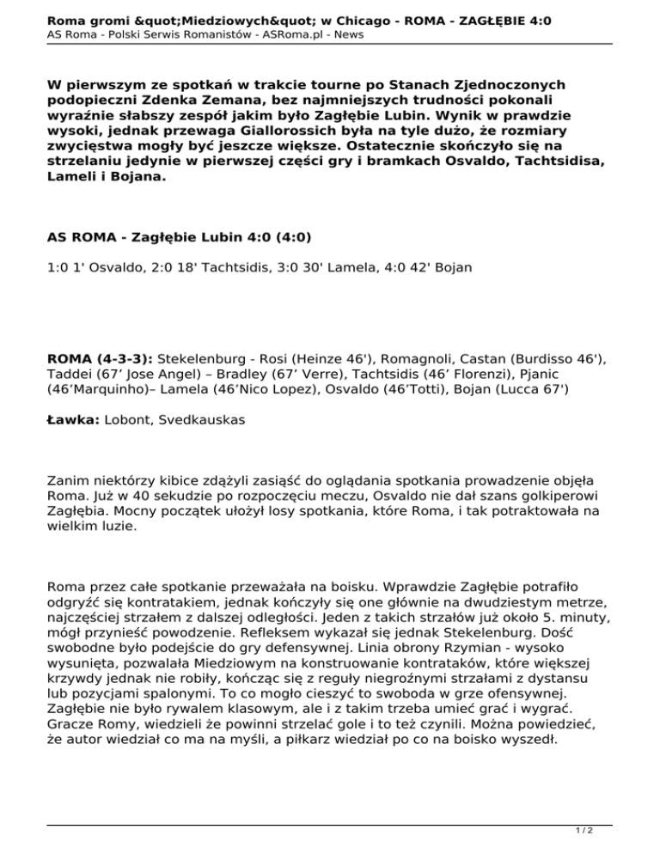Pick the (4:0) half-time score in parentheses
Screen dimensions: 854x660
tap(287, 237)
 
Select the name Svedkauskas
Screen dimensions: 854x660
tap(204, 420)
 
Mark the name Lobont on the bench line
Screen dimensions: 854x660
tap(129, 420)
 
